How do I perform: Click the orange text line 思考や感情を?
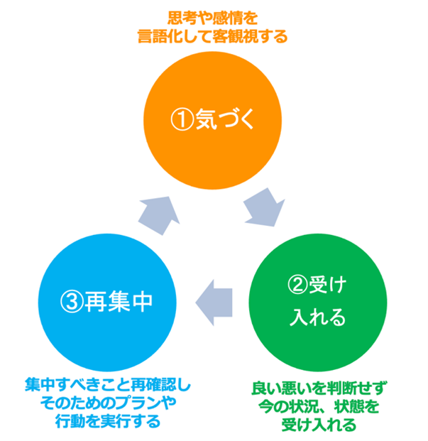[213, 16]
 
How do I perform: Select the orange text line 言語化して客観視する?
[213, 36]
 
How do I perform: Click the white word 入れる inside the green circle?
[318, 317]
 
